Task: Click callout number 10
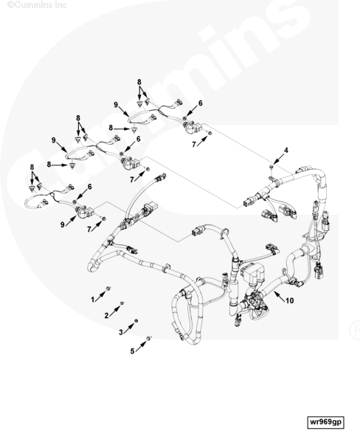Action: point(290,301)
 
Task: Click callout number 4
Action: point(286,151)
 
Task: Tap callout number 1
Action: point(93,300)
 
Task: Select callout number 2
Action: point(106,315)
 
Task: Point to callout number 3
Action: point(121,332)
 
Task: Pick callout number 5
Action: point(133,351)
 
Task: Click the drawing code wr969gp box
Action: point(325,422)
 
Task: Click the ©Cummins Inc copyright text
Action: point(37,5)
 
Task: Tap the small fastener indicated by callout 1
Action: point(108,288)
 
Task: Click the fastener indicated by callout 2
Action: point(122,303)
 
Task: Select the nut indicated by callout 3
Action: point(136,321)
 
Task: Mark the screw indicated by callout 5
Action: point(149,338)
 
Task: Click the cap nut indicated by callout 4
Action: point(271,167)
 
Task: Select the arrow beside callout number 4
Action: point(278,159)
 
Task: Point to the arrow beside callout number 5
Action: point(141,346)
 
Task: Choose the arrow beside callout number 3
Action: point(128,329)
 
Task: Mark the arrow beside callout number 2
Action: point(114,312)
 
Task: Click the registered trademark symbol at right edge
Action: point(355,330)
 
